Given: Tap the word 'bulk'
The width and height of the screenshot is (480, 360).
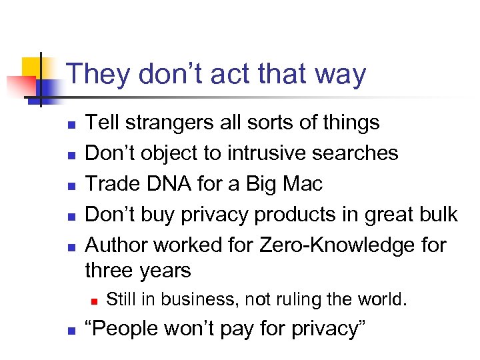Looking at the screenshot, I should click(x=438, y=214).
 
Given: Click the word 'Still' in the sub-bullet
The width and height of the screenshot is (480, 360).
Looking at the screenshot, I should click(x=121, y=299).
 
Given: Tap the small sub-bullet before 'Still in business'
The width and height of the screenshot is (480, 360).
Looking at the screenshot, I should click(x=95, y=301).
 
